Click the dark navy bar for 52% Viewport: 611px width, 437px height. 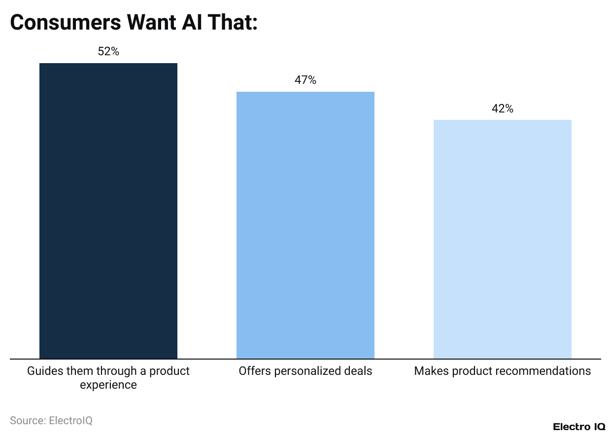[108, 211]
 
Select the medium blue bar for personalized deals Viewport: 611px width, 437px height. [305, 225]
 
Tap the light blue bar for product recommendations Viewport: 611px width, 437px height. [502, 239]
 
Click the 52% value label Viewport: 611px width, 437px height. [108, 51]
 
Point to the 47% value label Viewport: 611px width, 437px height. [305, 80]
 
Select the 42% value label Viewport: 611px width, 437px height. [502, 109]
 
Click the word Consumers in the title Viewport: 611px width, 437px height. [65, 23]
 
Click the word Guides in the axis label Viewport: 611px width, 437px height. [42, 371]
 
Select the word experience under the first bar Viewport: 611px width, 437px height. [108, 385]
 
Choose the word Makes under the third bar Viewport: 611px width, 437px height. [429, 371]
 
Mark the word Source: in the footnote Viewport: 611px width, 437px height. [28, 421]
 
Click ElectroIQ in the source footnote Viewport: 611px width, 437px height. [70, 421]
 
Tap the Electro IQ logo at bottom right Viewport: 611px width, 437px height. [578, 427]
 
